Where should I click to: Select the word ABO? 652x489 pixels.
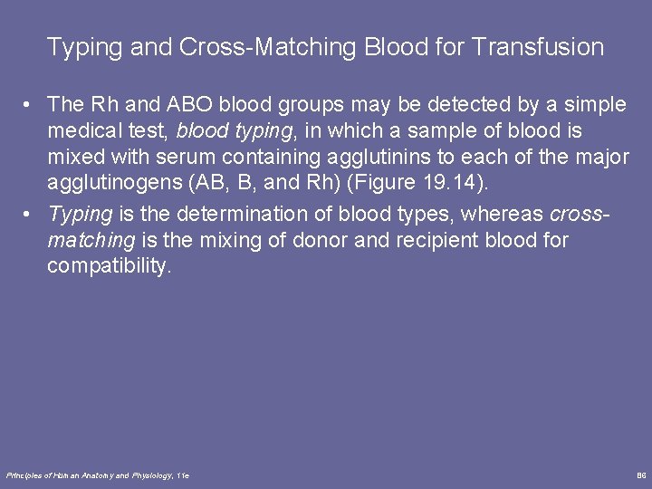tap(187, 105)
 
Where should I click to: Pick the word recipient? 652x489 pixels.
tap(425, 240)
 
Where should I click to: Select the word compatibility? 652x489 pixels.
tap(108, 266)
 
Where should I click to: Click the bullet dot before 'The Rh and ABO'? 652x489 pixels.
tap(31, 106)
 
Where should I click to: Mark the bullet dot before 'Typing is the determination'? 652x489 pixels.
tap(31, 215)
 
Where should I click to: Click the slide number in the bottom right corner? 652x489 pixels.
tap(641, 475)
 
